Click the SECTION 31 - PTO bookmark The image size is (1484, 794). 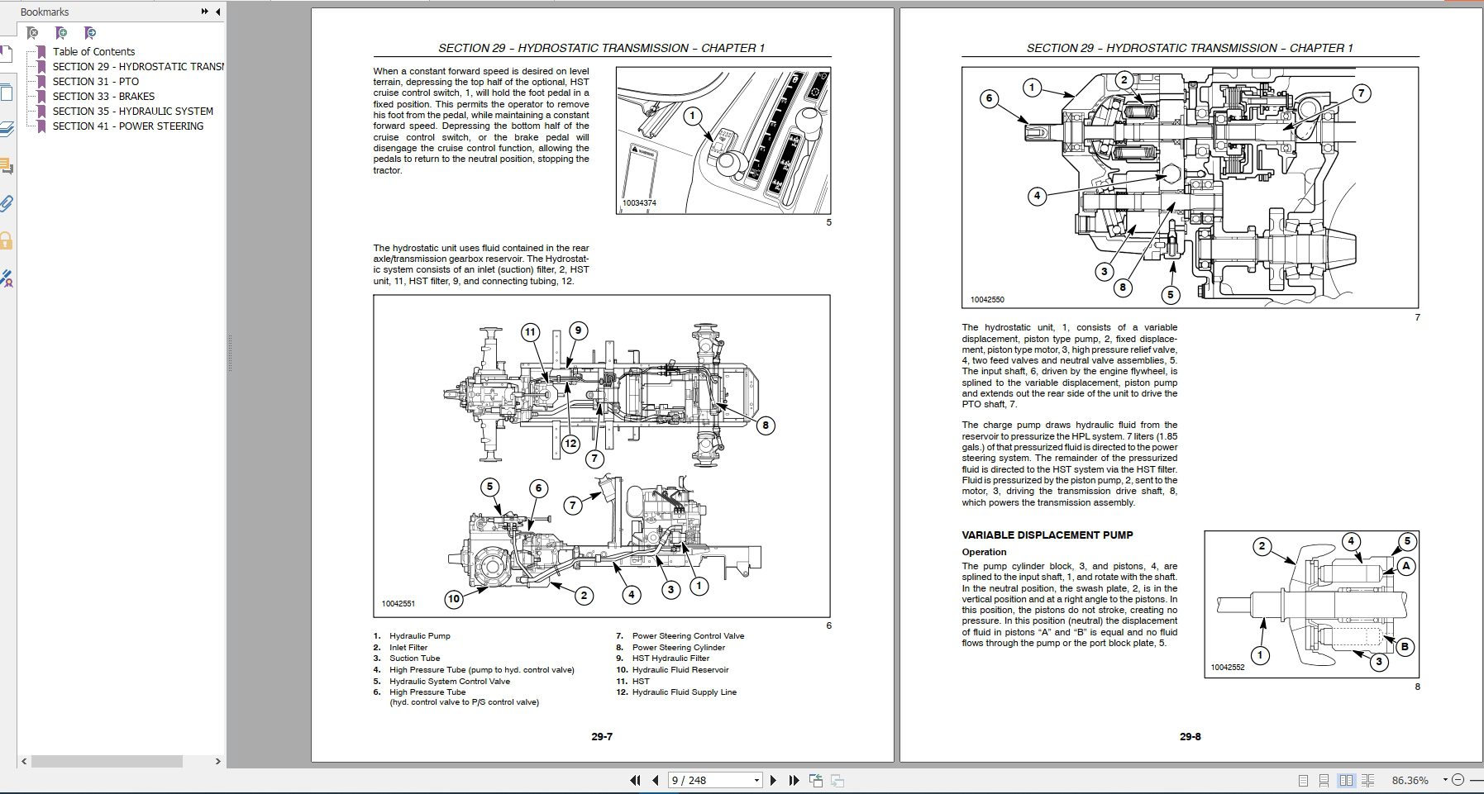pyautogui.click(x=95, y=81)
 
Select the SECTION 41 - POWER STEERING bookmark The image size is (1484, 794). pyautogui.click(x=127, y=126)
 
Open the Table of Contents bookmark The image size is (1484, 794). pyautogui.click(x=93, y=51)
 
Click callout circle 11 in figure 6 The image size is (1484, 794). pyautogui.click(x=530, y=332)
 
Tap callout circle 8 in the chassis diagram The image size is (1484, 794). pyautogui.click(x=766, y=426)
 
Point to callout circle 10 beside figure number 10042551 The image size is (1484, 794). pyautogui.click(x=453, y=599)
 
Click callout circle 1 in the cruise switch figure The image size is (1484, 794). pyautogui.click(x=693, y=116)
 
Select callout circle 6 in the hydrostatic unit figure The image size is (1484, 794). pyautogui.click(x=989, y=98)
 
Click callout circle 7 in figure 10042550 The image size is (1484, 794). pyautogui.click(x=1361, y=93)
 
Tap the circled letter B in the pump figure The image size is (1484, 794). pyautogui.click(x=1404, y=647)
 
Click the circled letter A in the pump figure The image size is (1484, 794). pyautogui.click(x=1405, y=566)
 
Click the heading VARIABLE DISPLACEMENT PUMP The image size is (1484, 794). pyautogui.click(x=1047, y=535)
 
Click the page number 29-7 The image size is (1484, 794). pyautogui.click(x=602, y=736)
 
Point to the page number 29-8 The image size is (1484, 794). pyautogui.click(x=1190, y=736)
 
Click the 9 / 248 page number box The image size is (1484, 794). pyautogui.click(x=711, y=780)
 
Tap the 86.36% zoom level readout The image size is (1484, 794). pyautogui.click(x=1410, y=780)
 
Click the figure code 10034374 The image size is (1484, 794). pyautogui.click(x=639, y=202)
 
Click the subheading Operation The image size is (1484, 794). pyautogui.click(x=984, y=552)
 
